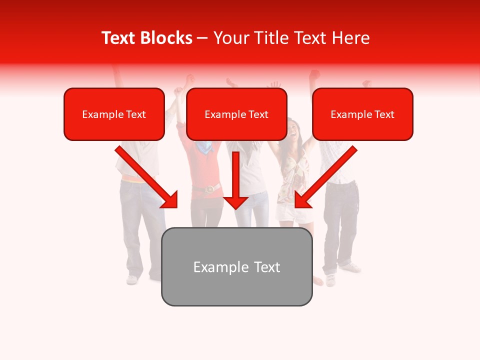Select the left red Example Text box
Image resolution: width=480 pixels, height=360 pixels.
[114, 114]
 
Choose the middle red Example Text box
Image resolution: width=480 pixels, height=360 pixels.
[236, 114]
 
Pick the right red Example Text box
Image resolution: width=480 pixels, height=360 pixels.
[362, 114]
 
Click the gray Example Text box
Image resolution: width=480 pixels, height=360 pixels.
[236, 267]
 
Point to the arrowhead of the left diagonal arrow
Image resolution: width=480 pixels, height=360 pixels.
[170, 200]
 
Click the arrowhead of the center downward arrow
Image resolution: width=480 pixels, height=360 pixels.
[235, 202]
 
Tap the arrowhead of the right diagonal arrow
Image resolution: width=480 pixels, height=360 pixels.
[302, 200]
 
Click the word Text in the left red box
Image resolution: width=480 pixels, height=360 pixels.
[136, 114]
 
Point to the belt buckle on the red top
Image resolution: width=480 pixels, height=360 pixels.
[210, 188]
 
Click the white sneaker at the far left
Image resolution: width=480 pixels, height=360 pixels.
[132, 279]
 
